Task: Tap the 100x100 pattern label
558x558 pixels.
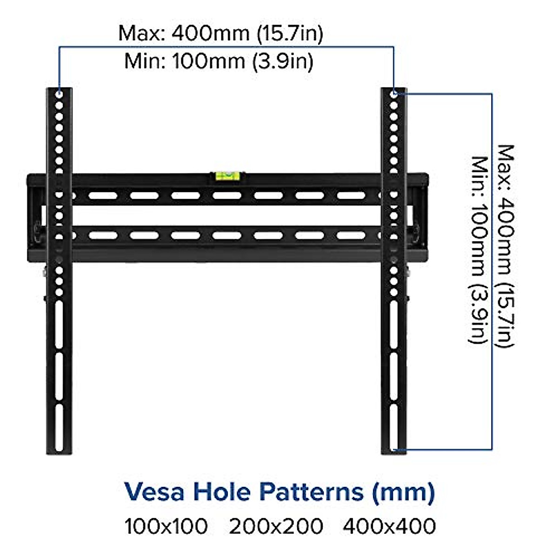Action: (x=166, y=526)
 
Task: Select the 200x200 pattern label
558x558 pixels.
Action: (x=276, y=526)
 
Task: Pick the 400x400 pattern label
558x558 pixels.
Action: (x=389, y=526)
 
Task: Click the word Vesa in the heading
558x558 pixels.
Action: (x=154, y=492)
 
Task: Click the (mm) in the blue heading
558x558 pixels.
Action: (x=403, y=492)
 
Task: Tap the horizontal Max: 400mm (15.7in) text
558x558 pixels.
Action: (x=220, y=33)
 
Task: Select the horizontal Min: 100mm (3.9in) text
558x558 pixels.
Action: (x=219, y=61)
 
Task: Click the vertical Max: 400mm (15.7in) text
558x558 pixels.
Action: (x=506, y=246)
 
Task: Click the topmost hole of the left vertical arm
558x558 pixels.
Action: (x=59, y=94)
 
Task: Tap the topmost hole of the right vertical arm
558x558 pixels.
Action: (x=394, y=94)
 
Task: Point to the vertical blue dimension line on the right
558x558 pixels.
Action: (x=492, y=272)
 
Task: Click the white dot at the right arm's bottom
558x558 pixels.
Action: (x=394, y=450)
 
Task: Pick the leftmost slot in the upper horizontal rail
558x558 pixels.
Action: (x=103, y=195)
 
